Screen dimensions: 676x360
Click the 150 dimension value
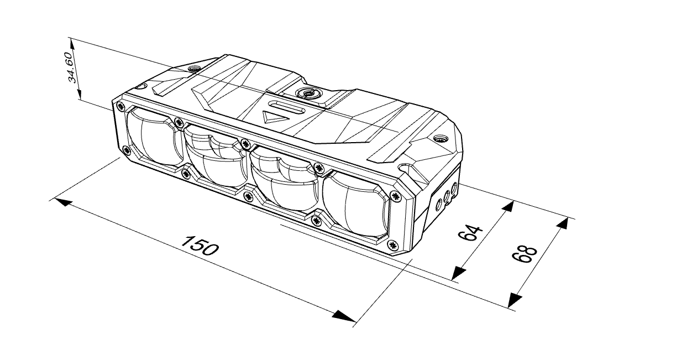click(x=200, y=245)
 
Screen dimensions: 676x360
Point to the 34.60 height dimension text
click(x=71, y=67)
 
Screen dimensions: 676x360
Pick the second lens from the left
click(x=216, y=157)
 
